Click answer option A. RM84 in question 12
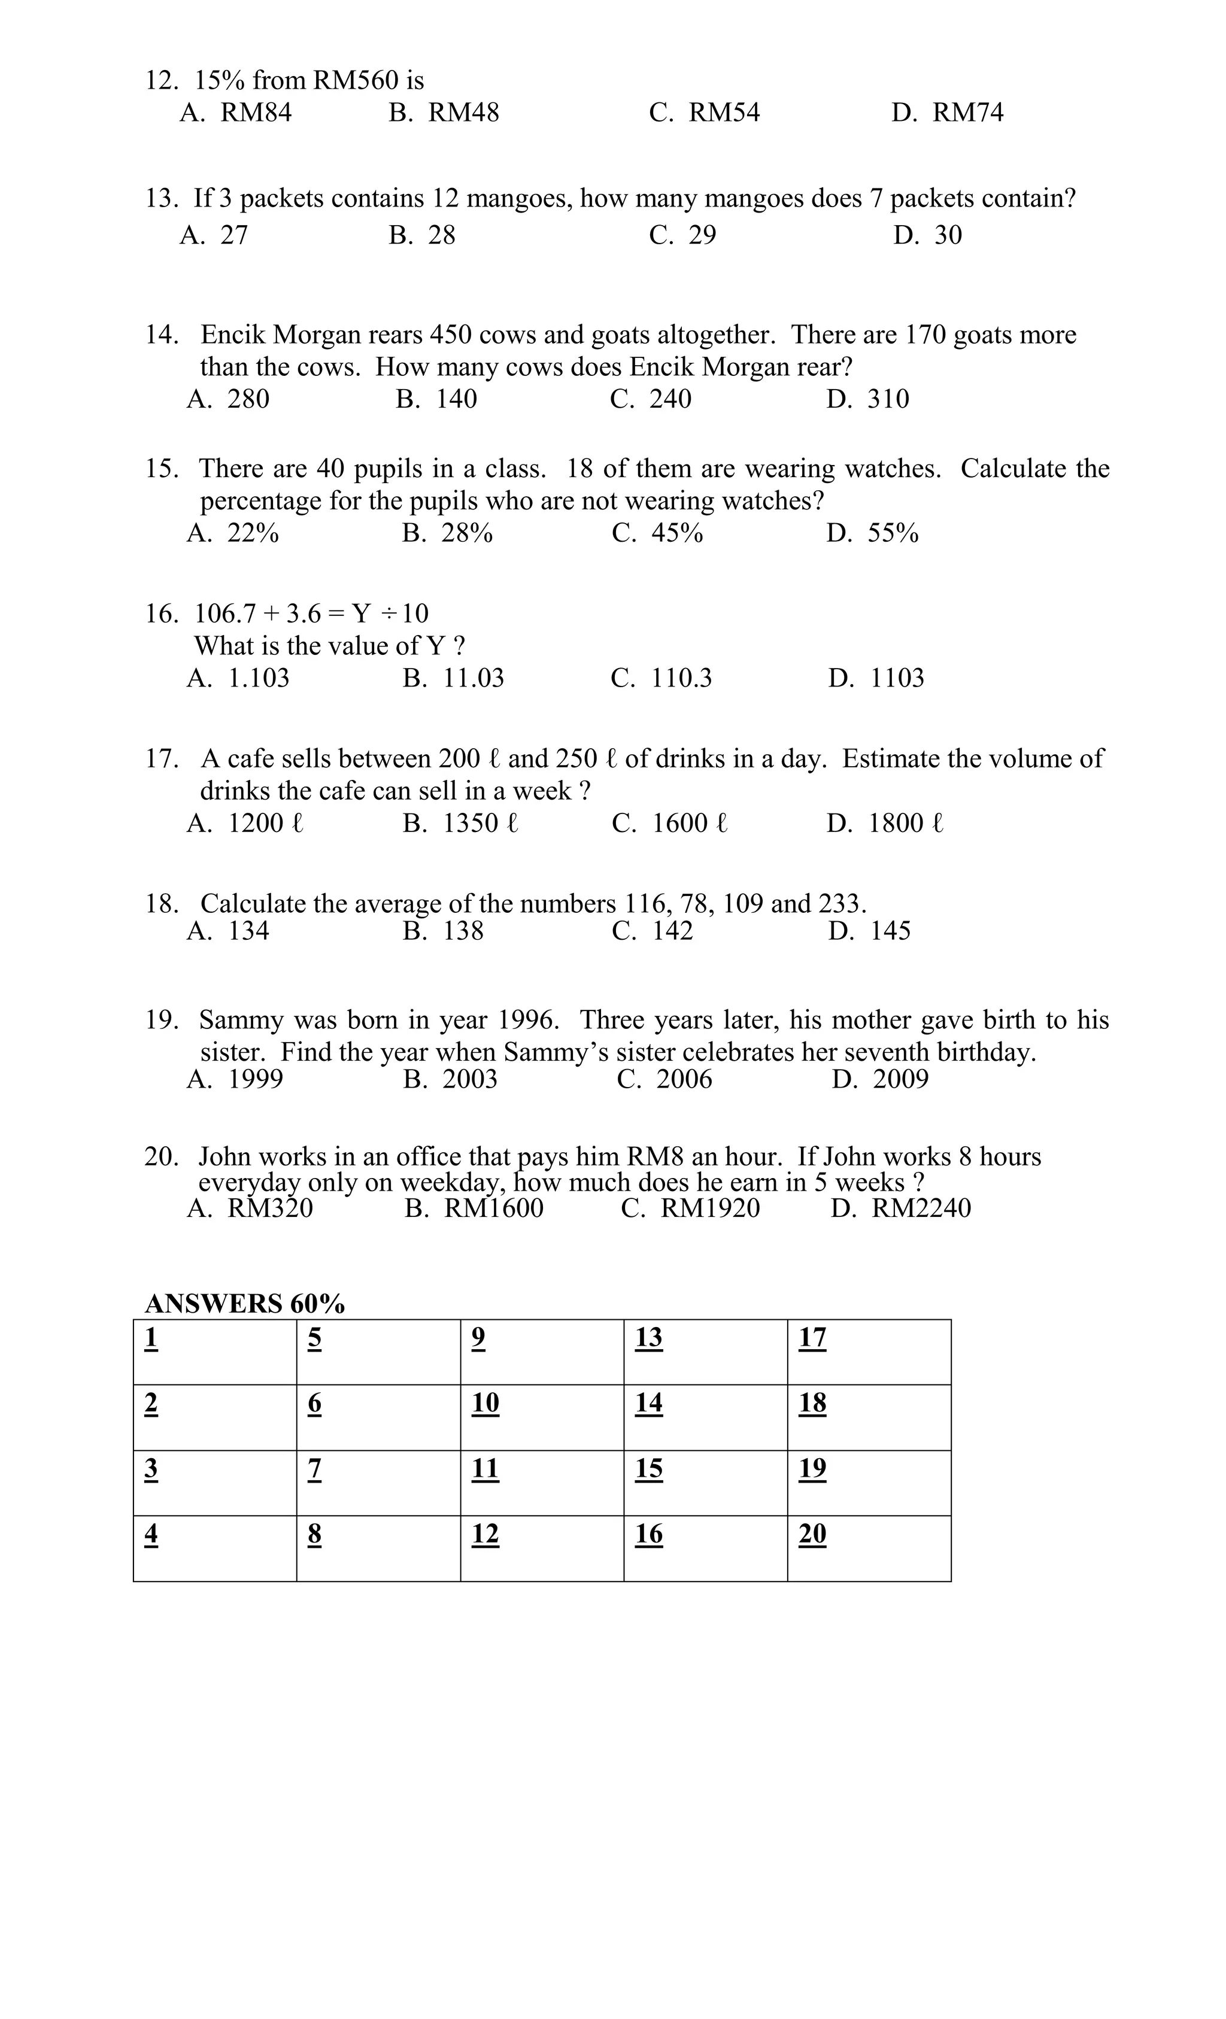(235, 113)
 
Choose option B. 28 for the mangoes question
(421, 235)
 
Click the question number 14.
(162, 335)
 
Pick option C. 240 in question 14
(650, 399)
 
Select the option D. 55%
(872, 533)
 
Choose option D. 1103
(875, 678)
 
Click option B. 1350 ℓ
(460, 824)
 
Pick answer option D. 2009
(879, 1079)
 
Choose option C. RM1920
(690, 1209)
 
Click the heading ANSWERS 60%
(244, 1304)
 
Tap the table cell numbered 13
(705, 1352)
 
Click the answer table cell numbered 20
(869, 1548)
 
